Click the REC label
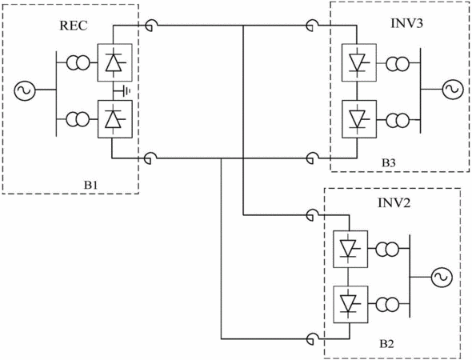[74, 26]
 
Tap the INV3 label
[406, 23]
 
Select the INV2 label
[394, 203]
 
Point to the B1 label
[90, 185]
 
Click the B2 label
[386, 343]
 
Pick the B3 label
[389, 163]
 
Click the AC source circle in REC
[25, 90]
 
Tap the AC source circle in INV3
[453, 89]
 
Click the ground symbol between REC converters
[124, 90]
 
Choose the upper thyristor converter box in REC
[114, 62]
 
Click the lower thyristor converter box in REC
[114, 119]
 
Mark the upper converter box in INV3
[359, 62]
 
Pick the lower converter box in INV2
[350, 304]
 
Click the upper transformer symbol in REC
[78, 62]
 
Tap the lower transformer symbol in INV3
[398, 121]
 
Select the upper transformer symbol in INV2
[387, 249]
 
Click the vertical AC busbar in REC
[56, 94]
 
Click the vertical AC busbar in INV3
[421, 90]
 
